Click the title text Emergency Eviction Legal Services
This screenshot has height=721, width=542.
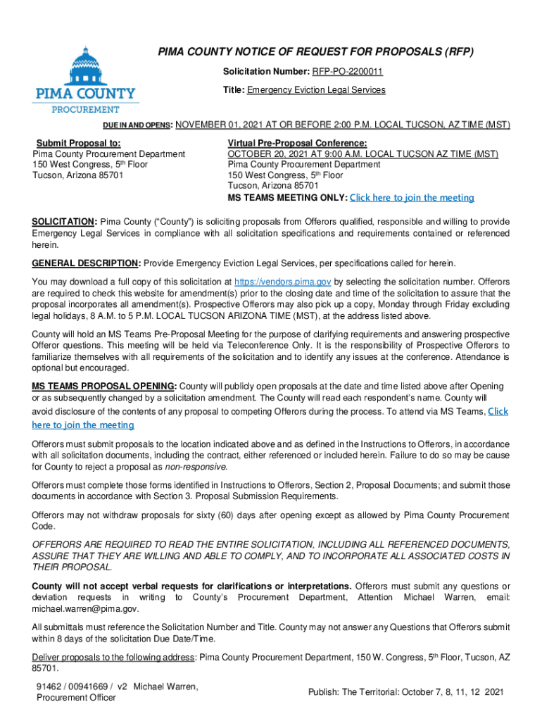(316, 90)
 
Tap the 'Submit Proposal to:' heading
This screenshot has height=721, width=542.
(78, 142)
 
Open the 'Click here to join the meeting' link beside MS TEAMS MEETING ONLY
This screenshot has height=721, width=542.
(412, 197)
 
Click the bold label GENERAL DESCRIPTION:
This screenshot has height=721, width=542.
(86, 263)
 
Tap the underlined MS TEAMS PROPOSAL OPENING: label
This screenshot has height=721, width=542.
(104, 386)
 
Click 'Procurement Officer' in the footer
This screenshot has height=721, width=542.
(76, 698)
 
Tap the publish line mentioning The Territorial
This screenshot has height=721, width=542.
(406, 692)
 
